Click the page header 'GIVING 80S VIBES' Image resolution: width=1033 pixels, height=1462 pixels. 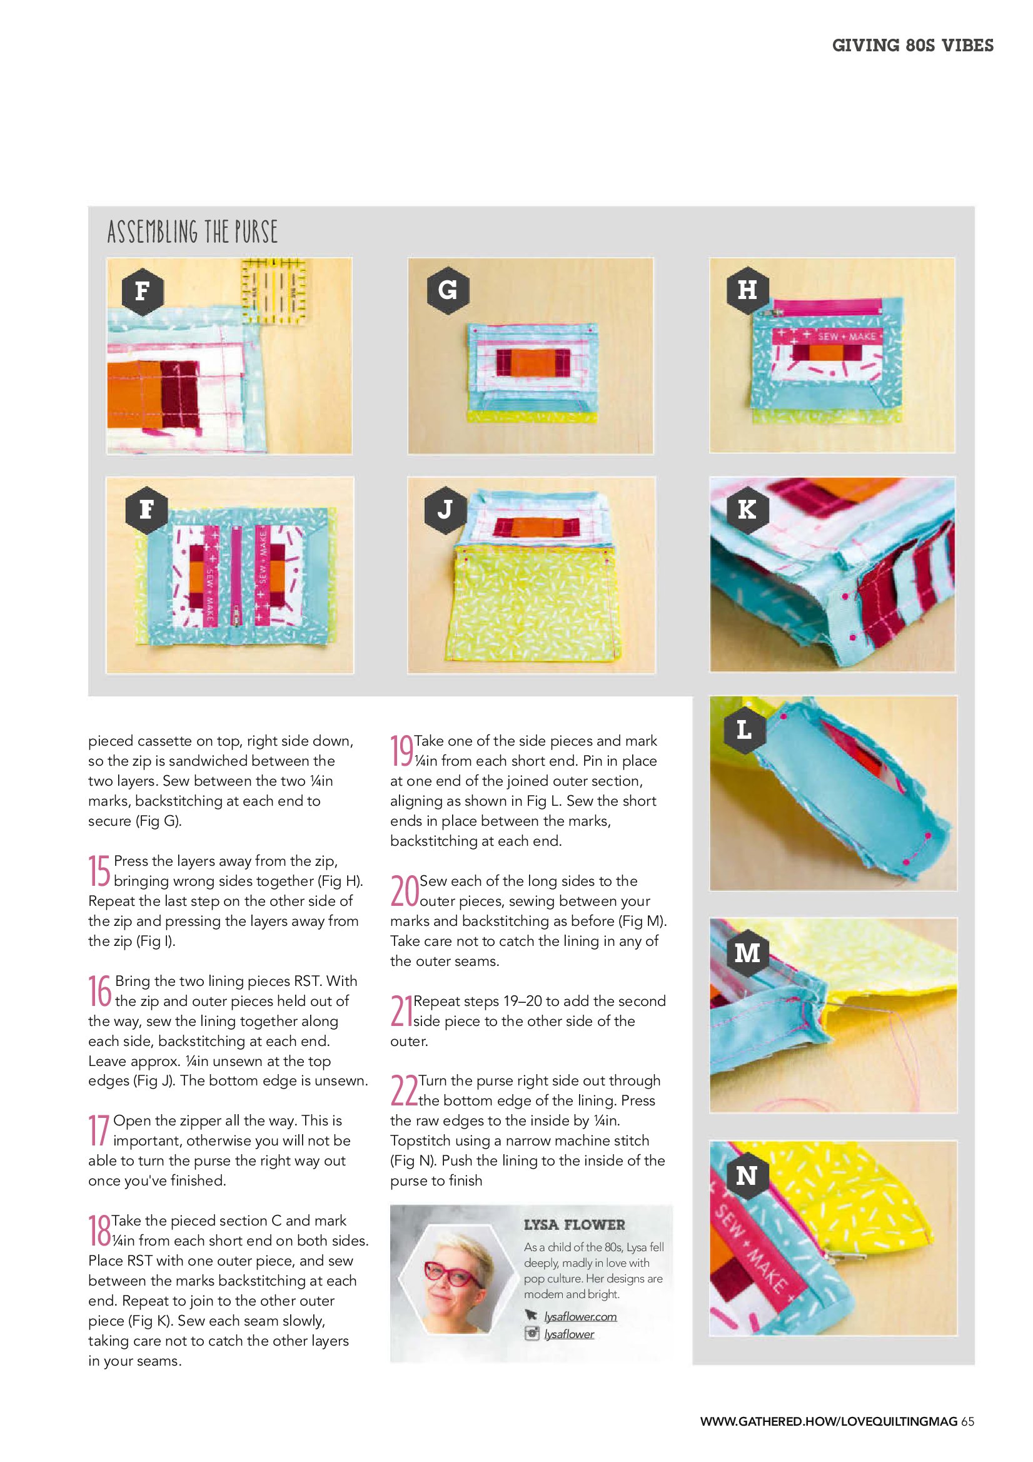pos(912,45)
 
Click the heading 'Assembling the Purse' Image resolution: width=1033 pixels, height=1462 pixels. pos(192,231)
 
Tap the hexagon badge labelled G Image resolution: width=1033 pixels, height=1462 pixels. pos(448,290)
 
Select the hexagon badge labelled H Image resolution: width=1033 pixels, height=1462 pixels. pos(747,290)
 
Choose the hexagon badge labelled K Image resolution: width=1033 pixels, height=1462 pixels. pos(747,509)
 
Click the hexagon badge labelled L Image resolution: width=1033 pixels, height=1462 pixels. pos(744,729)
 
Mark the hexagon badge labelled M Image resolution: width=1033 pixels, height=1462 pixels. pos(747,953)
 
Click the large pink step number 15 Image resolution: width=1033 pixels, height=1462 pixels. pos(99,870)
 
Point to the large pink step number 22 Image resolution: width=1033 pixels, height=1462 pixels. pos(403,1090)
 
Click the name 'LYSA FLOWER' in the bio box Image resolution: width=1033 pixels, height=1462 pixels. pos(574,1225)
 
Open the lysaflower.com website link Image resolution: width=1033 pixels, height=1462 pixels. pos(580,1317)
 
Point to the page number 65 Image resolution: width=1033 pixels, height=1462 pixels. pos(967,1421)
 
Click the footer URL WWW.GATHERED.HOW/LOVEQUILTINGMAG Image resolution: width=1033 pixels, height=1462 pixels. pos(829,1421)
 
